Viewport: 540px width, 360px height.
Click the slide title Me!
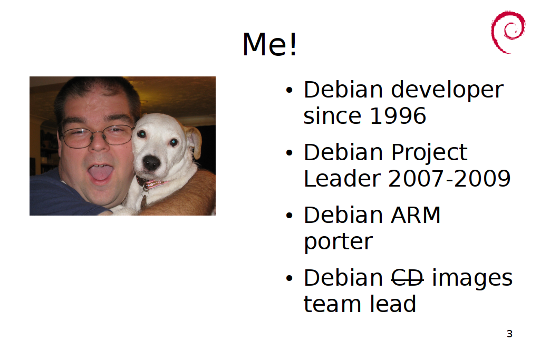click(x=269, y=44)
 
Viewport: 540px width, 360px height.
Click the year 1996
click(x=398, y=115)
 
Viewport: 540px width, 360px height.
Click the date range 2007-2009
click(x=449, y=179)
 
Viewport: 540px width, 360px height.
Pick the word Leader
click(x=342, y=179)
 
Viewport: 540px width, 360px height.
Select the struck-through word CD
click(x=407, y=278)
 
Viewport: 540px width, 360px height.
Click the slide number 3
click(x=510, y=334)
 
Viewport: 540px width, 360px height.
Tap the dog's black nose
click(x=151, y=162)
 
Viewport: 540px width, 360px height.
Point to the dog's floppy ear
click(x=194, y=142)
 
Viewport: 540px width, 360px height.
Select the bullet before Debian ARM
click(x=290, y=216)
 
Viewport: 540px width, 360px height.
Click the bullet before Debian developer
click(x=290, y=91)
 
